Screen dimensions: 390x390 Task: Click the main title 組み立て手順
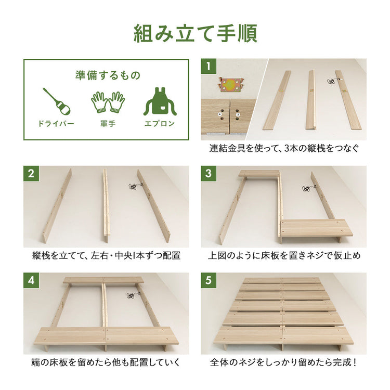coord(195,33)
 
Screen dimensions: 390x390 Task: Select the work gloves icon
coord(108,102)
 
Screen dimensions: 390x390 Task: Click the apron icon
coord(160,102)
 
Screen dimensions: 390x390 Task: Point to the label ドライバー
coord(56,124)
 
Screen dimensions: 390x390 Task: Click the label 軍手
coord(108,124)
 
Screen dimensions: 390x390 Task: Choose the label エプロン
coord(160,124)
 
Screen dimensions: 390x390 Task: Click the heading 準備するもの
coord(107,75)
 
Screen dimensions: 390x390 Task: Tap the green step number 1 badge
coord(209,66)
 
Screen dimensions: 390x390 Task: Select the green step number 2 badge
coord(31,174)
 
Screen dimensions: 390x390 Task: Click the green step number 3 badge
coord(209,174)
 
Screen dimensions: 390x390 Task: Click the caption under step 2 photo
coord(106,256)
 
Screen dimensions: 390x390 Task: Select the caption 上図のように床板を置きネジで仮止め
coord(284,256)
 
